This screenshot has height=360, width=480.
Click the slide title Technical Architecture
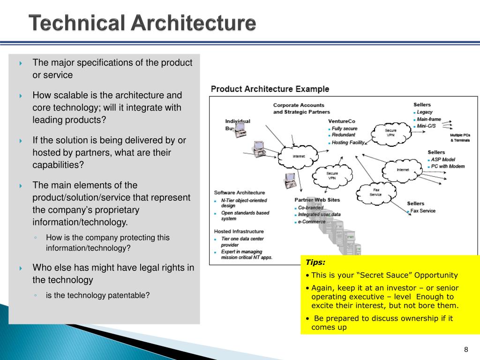click(142, 23)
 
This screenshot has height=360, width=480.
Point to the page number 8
click(466, 350)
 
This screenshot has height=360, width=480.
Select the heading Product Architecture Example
click(270, 89)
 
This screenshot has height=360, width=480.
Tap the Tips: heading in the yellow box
click(315, 262)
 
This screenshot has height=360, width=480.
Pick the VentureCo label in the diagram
click(342, 121)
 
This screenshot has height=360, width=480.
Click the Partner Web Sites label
click(317, 200)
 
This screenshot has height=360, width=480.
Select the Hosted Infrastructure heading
click(239, 231)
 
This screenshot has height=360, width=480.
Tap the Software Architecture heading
click(240, 193)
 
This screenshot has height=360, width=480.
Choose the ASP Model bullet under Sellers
click(443, 159)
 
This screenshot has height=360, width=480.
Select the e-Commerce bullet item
click(312, 222)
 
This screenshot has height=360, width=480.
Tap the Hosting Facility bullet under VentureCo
click(348, 142)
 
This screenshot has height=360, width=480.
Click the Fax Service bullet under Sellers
click(423, 211)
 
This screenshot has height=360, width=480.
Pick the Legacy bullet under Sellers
click(425, 112)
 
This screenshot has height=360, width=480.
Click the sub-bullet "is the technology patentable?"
click(97, 295)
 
